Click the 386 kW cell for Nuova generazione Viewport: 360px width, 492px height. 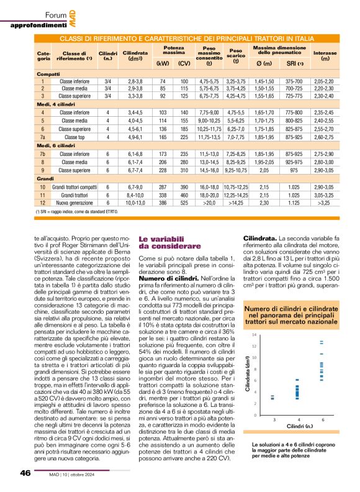click(x=163, y=203)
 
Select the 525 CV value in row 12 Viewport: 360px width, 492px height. click(x=184, y=203)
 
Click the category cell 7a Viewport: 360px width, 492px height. click(x=42, y=137)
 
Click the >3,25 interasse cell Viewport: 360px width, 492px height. click(x=325, y=203)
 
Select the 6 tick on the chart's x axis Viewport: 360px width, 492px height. click(x=322, y=403)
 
